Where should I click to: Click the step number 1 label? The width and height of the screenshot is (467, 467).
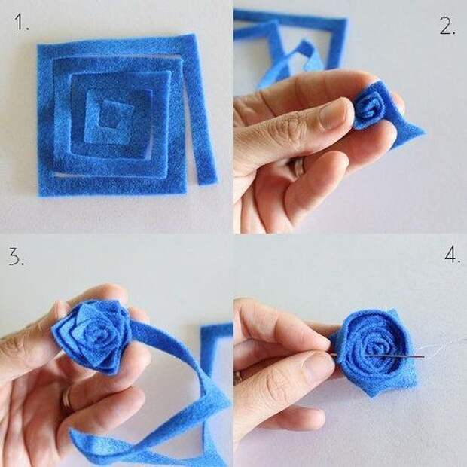coord(21,22)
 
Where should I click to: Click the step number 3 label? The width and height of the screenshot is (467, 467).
coord(16,257)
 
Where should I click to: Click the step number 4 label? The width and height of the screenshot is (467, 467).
coord(453,255)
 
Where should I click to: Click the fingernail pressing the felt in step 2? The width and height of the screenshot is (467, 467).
coord(333,114)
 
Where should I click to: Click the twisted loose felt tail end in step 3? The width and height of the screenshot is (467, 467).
coord(87,441)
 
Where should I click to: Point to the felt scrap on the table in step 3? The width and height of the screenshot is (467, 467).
coord(216,349)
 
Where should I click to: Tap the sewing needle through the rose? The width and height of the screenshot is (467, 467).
coord(377,356)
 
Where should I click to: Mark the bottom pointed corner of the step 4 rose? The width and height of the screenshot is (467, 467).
coord(371,395)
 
